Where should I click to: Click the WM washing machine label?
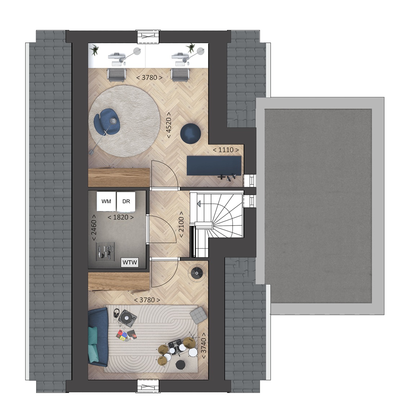[106, 201]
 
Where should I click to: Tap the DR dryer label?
[126, 201]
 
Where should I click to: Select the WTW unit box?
[130, 262]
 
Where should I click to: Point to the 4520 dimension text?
[169, 125]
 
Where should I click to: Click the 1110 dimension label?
[226, 150]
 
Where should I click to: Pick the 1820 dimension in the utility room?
[121, 217]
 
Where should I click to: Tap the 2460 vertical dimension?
[94, 227]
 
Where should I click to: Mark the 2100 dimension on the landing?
[181, 224]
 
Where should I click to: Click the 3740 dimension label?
[203, 346]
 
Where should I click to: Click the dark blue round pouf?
[191, 133]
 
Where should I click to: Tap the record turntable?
[128, 318]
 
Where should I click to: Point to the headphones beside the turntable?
[116, 313]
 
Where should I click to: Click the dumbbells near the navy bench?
[227, 178]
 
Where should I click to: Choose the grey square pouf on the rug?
[198, 314]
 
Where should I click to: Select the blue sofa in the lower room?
[98, 337]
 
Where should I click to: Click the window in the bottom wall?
[148, 387]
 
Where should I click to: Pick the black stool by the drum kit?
[180, 365]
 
